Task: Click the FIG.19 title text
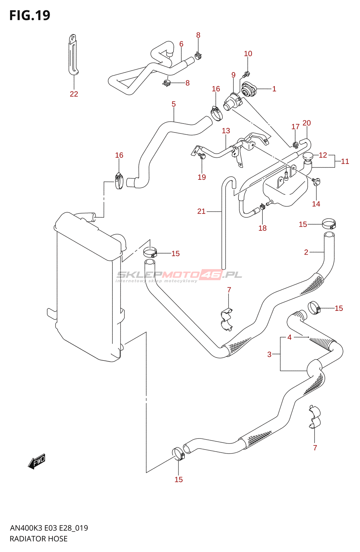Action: tap(30, 16)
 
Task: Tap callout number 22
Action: tap(74, 94)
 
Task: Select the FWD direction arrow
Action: tap(37, 461)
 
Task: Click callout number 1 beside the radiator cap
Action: tap(274, 89)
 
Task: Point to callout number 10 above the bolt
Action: tap(248, 53)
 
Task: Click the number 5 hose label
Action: tap(173, 104)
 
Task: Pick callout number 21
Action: tap(201, 211)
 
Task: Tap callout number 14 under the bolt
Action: tap(316, 204)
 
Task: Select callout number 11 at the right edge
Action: tap(345, 161)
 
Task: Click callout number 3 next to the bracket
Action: tap(269, 354)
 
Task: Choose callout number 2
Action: tap(306, 252)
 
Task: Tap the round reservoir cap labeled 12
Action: tap(308, 156)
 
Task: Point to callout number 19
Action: tap(202, 177)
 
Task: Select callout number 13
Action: tap(226, 131)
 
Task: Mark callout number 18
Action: tap(262, 228)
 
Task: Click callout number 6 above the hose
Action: tap(181, 44)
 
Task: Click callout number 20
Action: tap(307, 123)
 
